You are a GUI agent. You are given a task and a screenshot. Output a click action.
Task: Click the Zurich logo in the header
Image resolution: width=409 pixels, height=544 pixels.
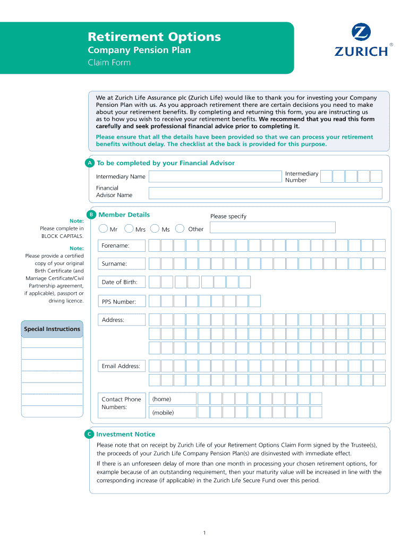(361, 41)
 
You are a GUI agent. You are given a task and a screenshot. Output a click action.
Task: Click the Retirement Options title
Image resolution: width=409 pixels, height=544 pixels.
(154, 37)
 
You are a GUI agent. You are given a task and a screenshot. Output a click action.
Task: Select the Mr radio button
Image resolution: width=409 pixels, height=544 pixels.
(103, 229)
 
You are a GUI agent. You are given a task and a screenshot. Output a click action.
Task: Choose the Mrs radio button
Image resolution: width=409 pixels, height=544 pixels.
(129, 229)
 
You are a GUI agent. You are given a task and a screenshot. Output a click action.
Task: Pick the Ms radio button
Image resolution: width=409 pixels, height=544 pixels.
(155, 229)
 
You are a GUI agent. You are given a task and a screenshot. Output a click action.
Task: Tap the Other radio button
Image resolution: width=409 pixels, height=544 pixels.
(181, 229)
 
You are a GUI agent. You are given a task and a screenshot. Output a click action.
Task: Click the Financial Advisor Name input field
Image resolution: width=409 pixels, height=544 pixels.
(265, 192)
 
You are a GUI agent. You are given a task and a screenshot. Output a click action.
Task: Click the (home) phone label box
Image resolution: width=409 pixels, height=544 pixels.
(173, 399)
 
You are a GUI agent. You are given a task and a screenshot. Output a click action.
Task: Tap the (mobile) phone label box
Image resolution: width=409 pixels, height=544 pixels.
(173, 412)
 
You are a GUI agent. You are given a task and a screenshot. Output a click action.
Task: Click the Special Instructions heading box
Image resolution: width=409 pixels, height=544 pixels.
(52, 329)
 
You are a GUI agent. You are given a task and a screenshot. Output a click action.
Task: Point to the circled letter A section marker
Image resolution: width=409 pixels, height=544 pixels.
(90, 163)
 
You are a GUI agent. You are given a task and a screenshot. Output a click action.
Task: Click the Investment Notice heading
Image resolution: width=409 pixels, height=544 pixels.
(126, 434)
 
